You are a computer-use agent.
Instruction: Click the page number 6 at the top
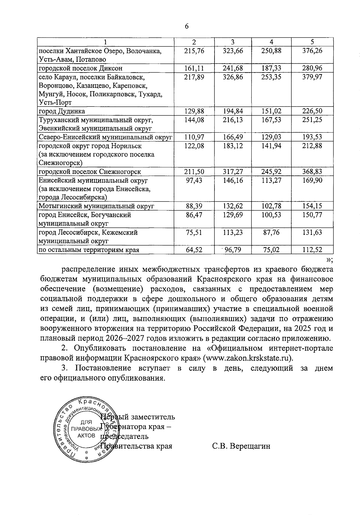point(187,26)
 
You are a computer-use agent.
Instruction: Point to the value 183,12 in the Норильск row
point(233,146)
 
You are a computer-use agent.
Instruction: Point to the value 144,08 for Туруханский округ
point(194,120)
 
